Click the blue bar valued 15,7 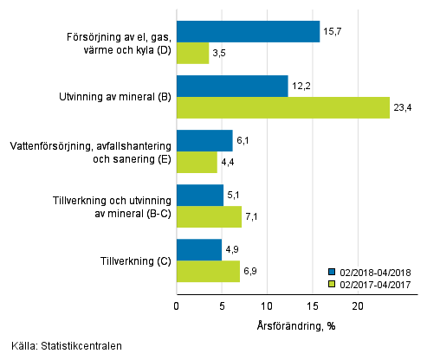248,32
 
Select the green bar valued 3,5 192,54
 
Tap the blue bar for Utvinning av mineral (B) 232,87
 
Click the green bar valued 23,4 282,108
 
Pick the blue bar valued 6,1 204,141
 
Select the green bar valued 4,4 197,163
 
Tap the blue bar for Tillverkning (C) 199,250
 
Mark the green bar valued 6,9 208,272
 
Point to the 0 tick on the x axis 177,305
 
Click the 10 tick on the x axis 267,305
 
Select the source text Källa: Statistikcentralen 62,346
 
